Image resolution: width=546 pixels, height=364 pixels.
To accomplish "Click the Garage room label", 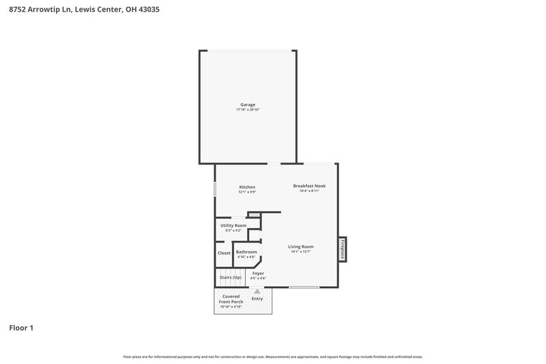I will (247, 104).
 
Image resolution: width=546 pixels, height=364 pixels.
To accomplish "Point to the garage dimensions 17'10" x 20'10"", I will (247, 110).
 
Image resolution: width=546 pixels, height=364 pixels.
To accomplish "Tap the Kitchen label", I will (247, 186).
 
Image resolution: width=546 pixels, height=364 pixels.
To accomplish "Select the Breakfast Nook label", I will (309, 186).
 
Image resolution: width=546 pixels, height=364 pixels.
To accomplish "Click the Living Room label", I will (300, 247).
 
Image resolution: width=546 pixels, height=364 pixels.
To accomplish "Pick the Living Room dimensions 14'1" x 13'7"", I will (300, 252).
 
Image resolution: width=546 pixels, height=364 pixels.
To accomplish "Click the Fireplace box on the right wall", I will (343, 249).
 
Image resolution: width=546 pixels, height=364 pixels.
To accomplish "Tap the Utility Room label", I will (233, 225).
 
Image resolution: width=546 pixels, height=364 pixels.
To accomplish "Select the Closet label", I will (224, 253).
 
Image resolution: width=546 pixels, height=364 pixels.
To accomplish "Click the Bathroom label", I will (246, 252).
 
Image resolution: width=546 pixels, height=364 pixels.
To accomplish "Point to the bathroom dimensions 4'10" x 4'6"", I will (246, 257).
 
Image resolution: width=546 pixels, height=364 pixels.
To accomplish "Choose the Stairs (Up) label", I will (230, 277).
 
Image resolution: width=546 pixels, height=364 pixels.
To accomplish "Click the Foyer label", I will (258, 273).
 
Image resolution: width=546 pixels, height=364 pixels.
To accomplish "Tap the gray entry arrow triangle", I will (257, 291).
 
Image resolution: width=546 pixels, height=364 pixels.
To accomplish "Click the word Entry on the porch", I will (257, 298).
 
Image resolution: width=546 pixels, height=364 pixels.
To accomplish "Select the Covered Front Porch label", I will (231, 299).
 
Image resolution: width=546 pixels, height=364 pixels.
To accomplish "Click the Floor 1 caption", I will (21, 328).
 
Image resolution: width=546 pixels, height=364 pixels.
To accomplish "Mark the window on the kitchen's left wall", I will (215, 189).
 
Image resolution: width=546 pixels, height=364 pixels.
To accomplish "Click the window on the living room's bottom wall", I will (304, 287).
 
